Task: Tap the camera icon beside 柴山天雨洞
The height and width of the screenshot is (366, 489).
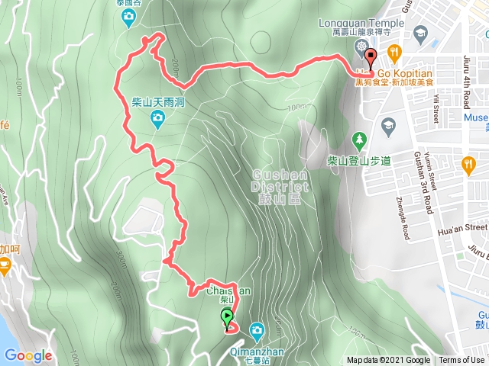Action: click(157, 117)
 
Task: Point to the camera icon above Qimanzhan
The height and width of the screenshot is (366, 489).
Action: click(257, 329)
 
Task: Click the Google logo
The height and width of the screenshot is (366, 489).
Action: click(28, 355)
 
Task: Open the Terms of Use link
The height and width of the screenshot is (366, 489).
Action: click(461, 361)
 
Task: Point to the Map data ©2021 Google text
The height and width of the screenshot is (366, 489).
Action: click(388, 361)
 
